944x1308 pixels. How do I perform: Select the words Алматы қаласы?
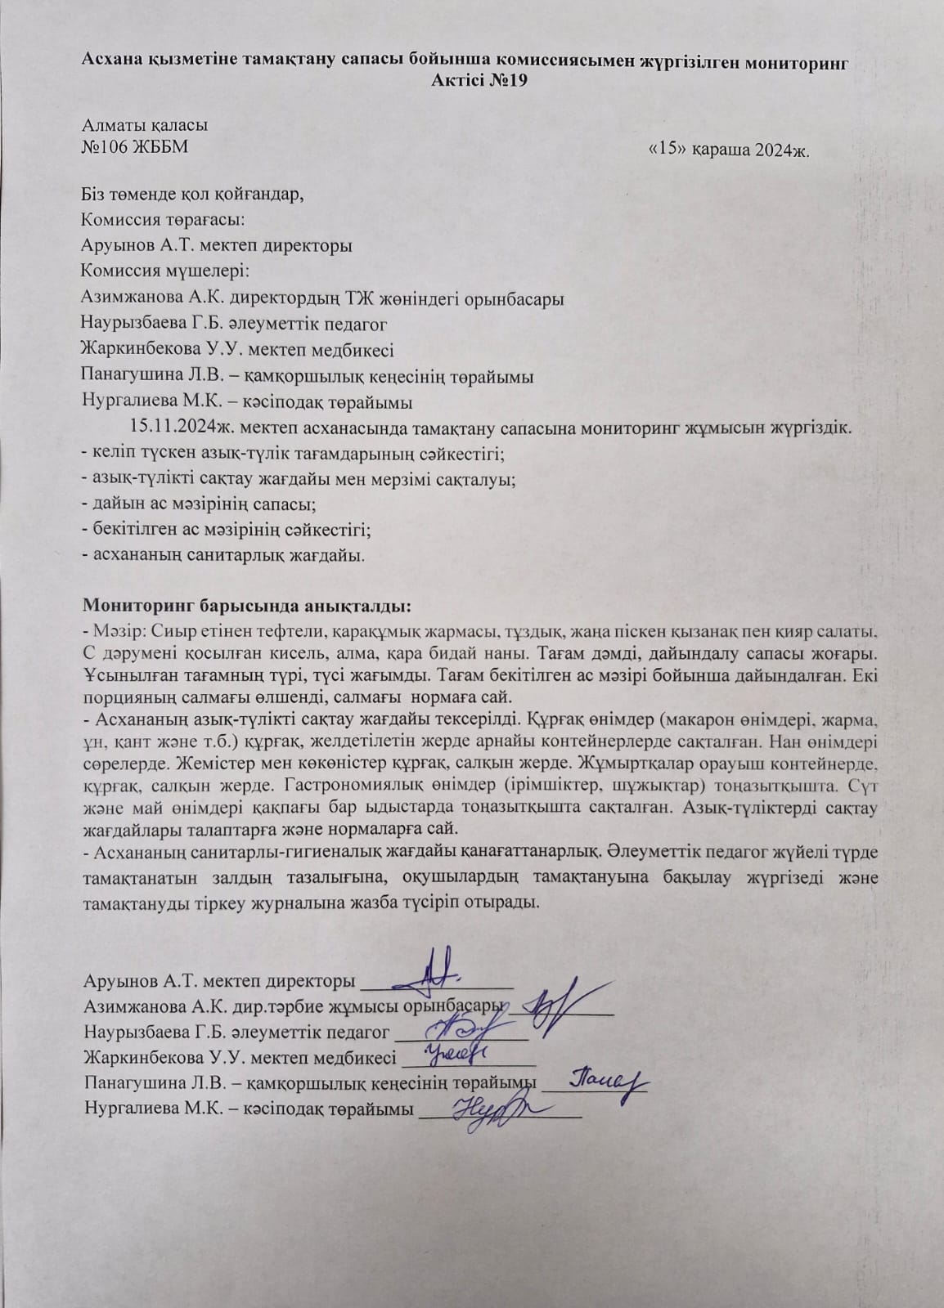coord(145,126)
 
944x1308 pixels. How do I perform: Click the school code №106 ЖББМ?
coord(139,148)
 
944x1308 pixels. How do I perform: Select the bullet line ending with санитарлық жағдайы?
coord(223,555)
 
